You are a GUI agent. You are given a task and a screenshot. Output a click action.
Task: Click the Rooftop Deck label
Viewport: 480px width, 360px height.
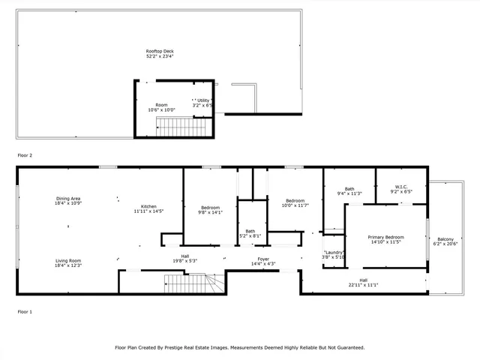pyautogui.click(x=159, y=51)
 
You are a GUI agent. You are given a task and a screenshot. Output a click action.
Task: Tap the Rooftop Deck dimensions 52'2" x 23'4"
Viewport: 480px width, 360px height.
pyautogui.click(x=159, y=56)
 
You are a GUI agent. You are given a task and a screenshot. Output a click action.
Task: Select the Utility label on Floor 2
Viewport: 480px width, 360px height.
pyautogui.click(x=202, y=100)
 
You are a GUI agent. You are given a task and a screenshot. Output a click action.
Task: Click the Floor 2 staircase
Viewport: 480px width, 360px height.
pyautogui.click(x=180, y=127)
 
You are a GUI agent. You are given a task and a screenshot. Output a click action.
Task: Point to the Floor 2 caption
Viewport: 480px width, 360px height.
pyautogui.click(x=25, y=155)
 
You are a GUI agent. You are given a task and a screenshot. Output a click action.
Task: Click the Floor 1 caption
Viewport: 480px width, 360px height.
pyautogui.click(x=25, y=310)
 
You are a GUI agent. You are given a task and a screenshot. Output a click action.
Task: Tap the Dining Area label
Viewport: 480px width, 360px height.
pyautogui.click(x=67, y=199)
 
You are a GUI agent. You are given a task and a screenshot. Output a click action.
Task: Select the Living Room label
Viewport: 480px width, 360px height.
pyautogui.click(x=67, y=261)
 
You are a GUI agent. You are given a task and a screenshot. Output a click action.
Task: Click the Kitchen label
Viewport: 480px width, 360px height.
pyautogui.click(x=148, y=206)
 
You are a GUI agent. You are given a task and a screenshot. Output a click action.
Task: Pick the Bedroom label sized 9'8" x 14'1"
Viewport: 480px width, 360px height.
pyautogui.click(x=210, y=207)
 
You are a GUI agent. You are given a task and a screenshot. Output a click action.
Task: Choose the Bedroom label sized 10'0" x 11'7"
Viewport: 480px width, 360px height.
pyautogui.click(x=295, y=200)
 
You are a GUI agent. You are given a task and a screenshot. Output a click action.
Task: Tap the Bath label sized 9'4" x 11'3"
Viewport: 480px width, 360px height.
pyautogui.click(x=349, y=189)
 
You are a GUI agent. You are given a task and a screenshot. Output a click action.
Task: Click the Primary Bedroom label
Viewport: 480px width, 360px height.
pyautogui.click(x=385, y=237)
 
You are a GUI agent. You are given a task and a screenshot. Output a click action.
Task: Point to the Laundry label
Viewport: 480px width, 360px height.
pyautogui.click(x=334, y=252)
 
